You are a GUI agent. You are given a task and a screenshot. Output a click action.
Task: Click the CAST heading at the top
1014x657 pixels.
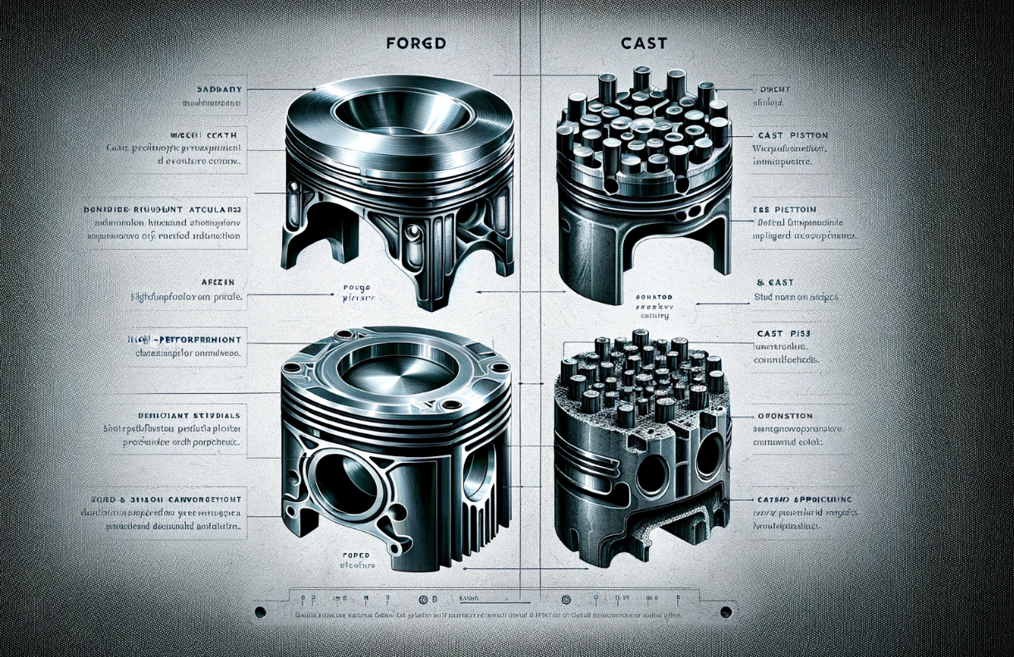643,42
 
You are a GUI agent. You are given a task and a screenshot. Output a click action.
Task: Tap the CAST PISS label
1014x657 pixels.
782,333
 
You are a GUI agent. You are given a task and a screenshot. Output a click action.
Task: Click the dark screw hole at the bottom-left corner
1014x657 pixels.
260,611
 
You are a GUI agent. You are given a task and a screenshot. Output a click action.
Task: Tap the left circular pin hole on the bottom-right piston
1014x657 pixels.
652,473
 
